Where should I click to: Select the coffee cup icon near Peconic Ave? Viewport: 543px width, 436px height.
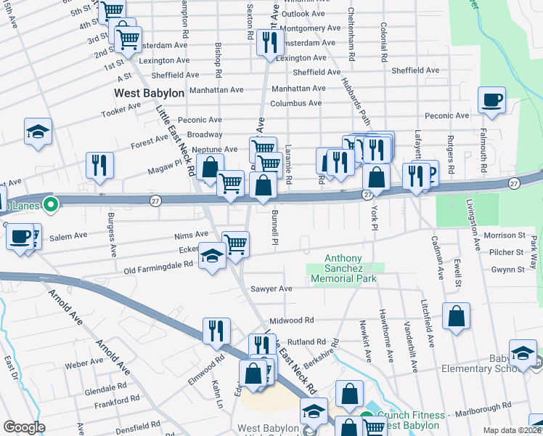(491, 100)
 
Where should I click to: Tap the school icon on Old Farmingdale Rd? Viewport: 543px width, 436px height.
(212, 257)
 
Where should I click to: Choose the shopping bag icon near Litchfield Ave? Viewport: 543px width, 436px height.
(455, 316)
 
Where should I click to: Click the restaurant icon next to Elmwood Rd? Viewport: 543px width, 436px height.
(216, 331)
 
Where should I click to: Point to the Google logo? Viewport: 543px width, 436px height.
(24, 427)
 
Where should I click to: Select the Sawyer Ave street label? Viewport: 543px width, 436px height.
(271, 288)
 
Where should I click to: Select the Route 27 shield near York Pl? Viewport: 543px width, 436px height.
(367, 195)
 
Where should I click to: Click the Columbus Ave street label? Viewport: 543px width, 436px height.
(296, 103)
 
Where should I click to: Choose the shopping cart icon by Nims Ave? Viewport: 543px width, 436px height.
(235, 243)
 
